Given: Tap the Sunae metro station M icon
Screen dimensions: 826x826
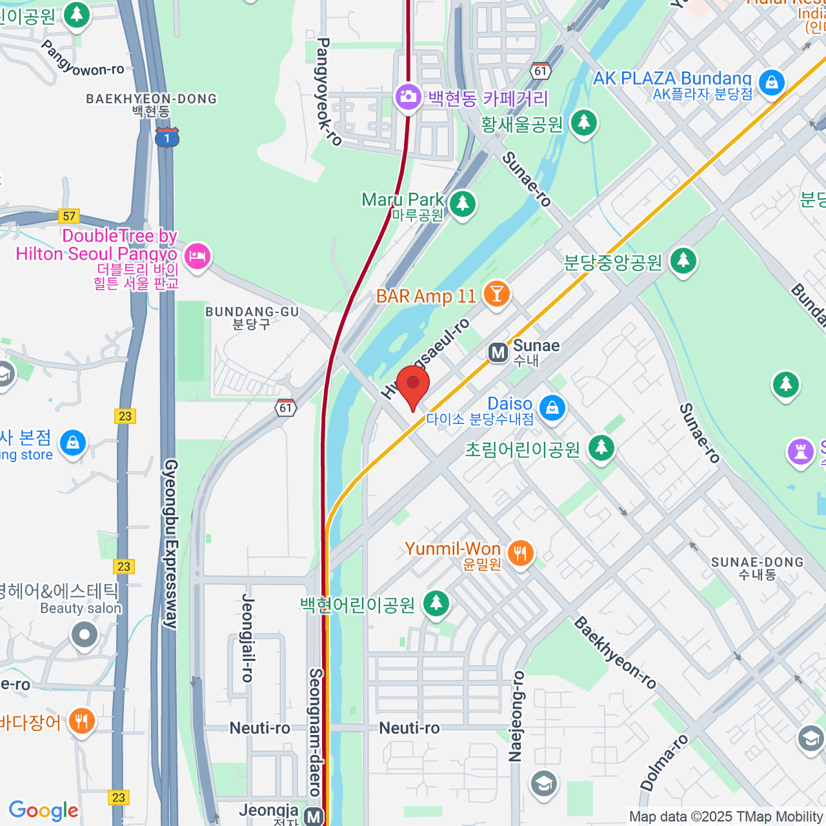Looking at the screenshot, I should [498, 352].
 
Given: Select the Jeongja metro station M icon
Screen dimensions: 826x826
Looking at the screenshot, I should [314, 816].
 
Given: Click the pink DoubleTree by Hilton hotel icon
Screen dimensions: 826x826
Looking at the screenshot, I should [197, 256].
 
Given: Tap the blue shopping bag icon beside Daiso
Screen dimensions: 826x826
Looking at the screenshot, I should [552, 407].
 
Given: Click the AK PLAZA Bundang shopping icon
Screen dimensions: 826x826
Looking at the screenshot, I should [772, 83].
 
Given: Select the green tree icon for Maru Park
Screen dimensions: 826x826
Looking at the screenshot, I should [463, 204].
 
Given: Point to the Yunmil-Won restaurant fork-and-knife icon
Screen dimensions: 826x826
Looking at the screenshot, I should [520, 552].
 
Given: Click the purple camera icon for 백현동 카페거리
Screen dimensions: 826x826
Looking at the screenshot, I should [408, 96].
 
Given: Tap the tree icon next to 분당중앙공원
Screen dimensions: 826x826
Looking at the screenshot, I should [683, 260].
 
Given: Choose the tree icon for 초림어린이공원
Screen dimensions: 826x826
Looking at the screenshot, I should [601, 447].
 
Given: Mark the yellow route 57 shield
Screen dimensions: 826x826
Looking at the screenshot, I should [69, 216].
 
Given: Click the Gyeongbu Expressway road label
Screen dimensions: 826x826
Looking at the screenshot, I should [170, 544].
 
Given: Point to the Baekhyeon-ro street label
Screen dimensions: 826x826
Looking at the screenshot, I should [615, 653].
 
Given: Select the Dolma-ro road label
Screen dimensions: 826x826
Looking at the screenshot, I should [664, 763].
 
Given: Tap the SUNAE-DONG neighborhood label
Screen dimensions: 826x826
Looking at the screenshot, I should [757, 568].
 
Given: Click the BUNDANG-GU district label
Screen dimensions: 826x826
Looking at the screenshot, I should [252, 317].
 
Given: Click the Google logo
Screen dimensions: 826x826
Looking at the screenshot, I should [43, 811].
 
